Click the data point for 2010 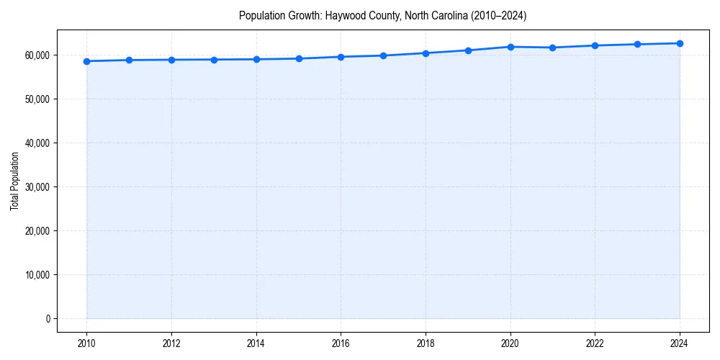point(86,61)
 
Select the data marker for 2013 point(214,60)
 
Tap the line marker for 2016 point(341,57)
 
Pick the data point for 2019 point(468,50)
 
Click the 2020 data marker point(510,47)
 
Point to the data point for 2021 point(552,48)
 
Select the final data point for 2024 point(680,43)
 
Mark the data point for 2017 point(383,55)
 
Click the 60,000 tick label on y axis point(36,55)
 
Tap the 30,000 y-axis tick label point(36,187)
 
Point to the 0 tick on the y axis point(47,319)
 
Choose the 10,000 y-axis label point(36,275)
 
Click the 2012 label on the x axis point(171,343)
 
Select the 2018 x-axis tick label point(426,343)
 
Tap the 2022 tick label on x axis point(595,343)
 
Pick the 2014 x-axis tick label point(256,343)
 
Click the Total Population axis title point(14,181)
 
